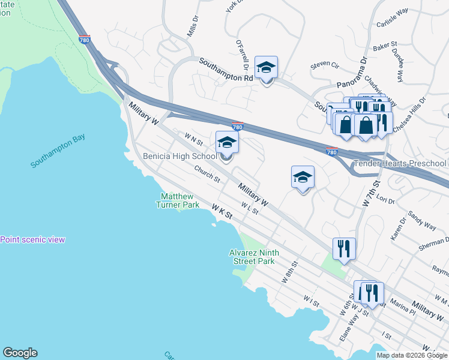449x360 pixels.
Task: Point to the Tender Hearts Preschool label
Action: (400, 163)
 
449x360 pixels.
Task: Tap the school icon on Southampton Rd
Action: (266, 68)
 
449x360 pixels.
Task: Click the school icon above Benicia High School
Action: (227, 142)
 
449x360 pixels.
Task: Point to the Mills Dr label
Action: (192, 28)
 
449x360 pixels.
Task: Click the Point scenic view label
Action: (32, 239)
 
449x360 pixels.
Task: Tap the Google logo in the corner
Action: (20, 353)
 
